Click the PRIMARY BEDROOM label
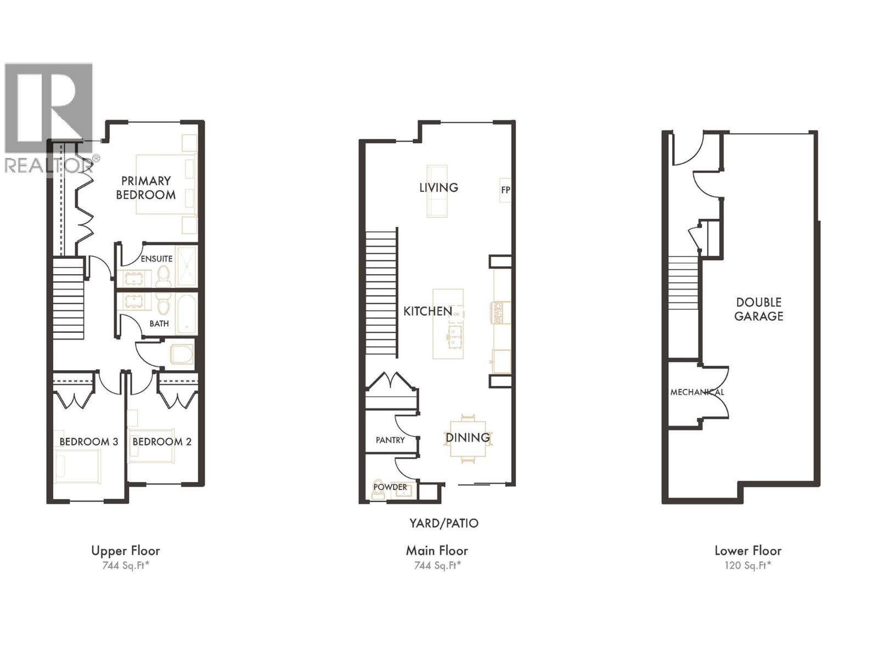[x=146, y=188]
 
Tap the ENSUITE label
[x=156, y=258]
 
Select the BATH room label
[x=159, y=324]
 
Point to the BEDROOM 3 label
[x=88, y=441]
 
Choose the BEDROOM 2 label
[x=162, y=441]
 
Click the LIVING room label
[x=438, y=188]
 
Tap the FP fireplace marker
[x=505, y=190]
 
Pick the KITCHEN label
[x=428, y=311]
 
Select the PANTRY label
[x=390, y=440]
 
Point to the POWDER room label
[x=390, y=487]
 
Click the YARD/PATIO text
[x=444, y=523]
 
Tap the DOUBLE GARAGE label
[x=759, y=309]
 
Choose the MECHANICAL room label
[x=697, y=392]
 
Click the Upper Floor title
[x=126, y=551]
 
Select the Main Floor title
[x=437, y=551]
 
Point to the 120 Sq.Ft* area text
[x=747, y=566]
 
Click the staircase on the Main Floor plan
[x=381, y=293]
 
